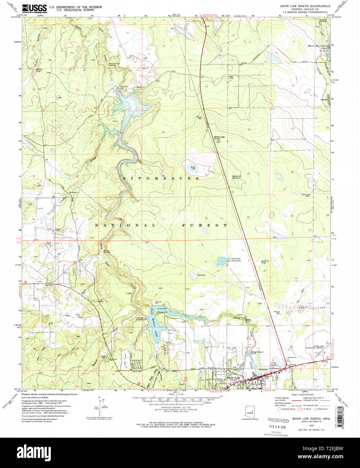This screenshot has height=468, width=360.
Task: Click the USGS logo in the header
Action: coord(34,8)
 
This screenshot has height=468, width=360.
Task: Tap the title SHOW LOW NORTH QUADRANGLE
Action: coord(305,6)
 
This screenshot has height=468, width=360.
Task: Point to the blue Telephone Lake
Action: coord(221,261)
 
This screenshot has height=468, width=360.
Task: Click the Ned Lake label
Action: coord(201,275)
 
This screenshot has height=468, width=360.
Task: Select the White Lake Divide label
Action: coord(219,138)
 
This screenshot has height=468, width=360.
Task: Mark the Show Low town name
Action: coord(233,378)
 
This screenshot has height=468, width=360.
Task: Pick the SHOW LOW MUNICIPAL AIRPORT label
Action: coord(318,347)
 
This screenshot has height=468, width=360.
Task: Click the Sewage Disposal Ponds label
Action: coord(257,353)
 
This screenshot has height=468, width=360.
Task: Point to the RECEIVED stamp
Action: coord(278,421)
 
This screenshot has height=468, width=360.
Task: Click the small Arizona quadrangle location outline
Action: coord(250,412)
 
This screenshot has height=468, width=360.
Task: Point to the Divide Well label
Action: coord(199,118)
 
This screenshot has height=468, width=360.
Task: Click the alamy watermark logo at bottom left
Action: coord(34,451)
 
